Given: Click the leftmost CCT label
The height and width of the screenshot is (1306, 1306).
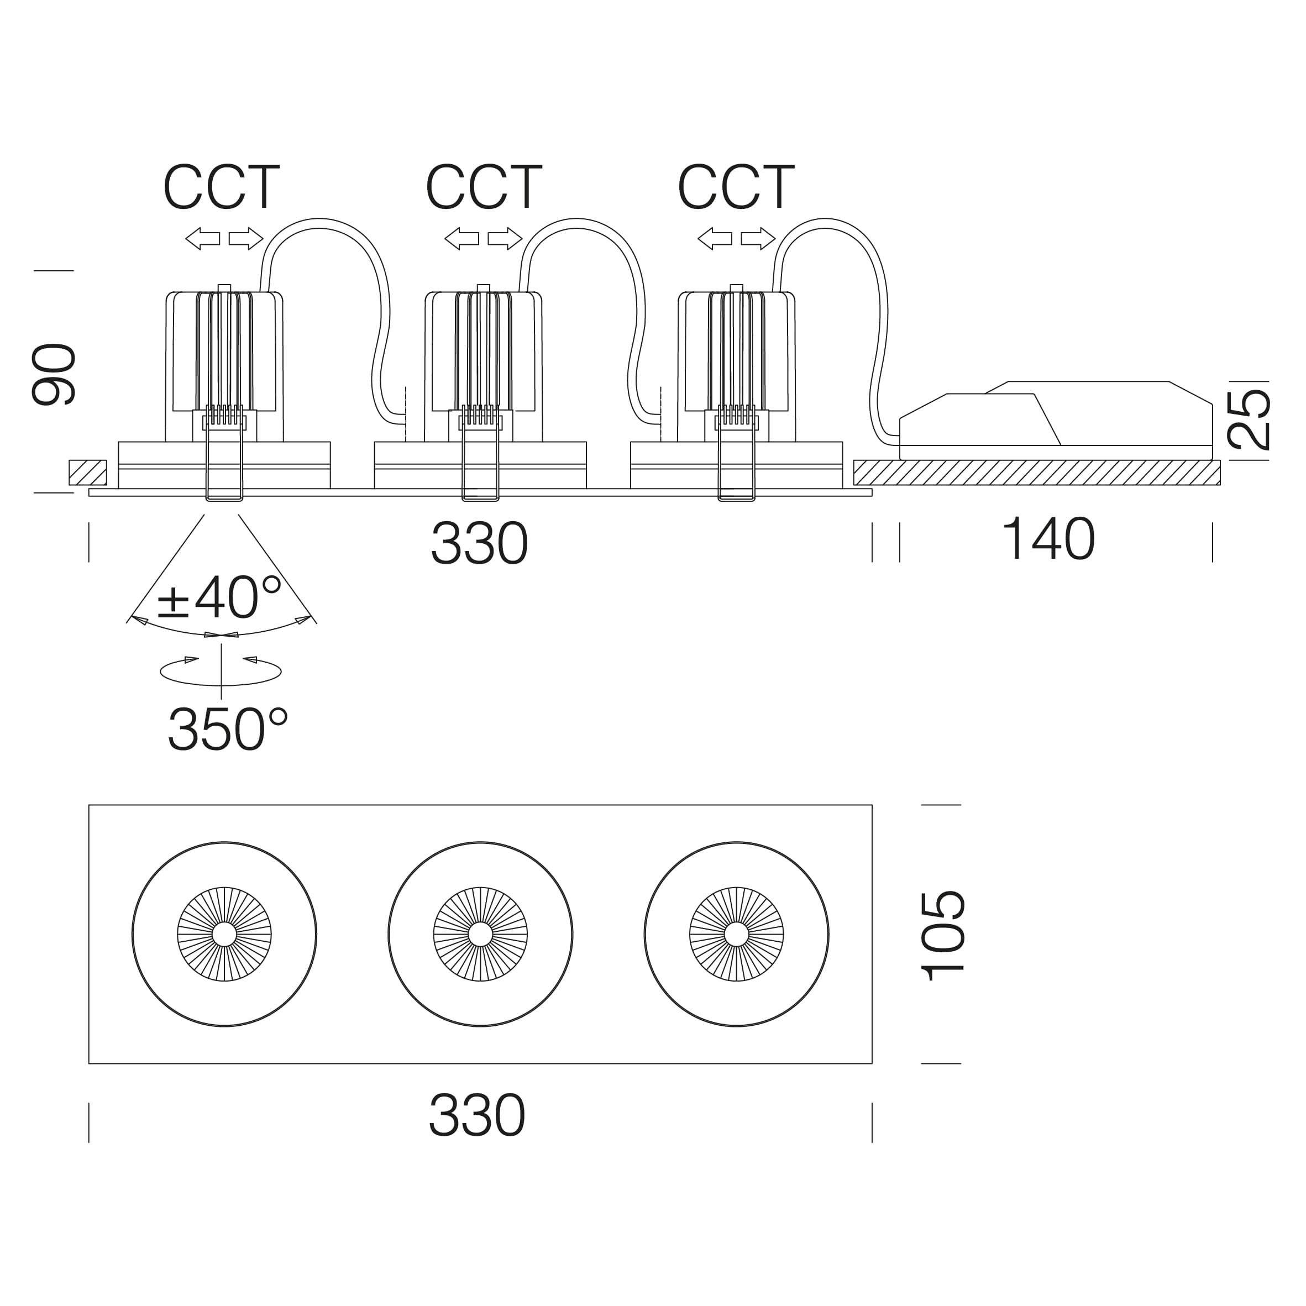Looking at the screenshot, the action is pyautogui.click(x=221, y=187).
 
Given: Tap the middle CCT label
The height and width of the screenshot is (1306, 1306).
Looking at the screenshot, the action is pyautogui.click(x=484, y=187).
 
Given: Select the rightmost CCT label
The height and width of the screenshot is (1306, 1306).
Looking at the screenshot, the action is pyautogui.click(x=736, y=187).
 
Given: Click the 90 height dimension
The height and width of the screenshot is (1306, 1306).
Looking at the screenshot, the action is pyautogui.click(x=54, y=375).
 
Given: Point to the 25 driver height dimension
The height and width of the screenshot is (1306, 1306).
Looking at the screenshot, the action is pyautogui.click(x=1248, y=419).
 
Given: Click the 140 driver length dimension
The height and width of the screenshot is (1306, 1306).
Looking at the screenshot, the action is pyautogui.click(x=1048, y=539).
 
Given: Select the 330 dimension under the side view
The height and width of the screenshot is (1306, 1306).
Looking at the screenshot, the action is pyautogui.click(x=479, y=543).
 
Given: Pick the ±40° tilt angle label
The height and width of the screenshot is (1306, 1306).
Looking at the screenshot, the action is pyautogui.click(x=218, y=597).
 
